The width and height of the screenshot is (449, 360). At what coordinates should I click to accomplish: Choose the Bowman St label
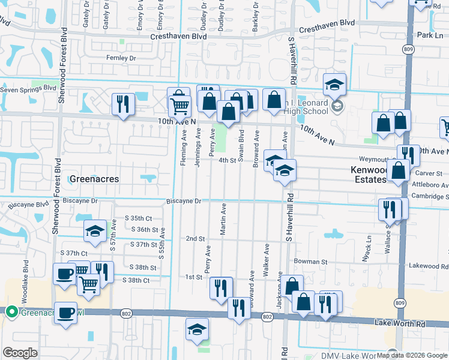tap(310, 262)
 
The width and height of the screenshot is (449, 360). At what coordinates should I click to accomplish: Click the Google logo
tap(20, 353)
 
